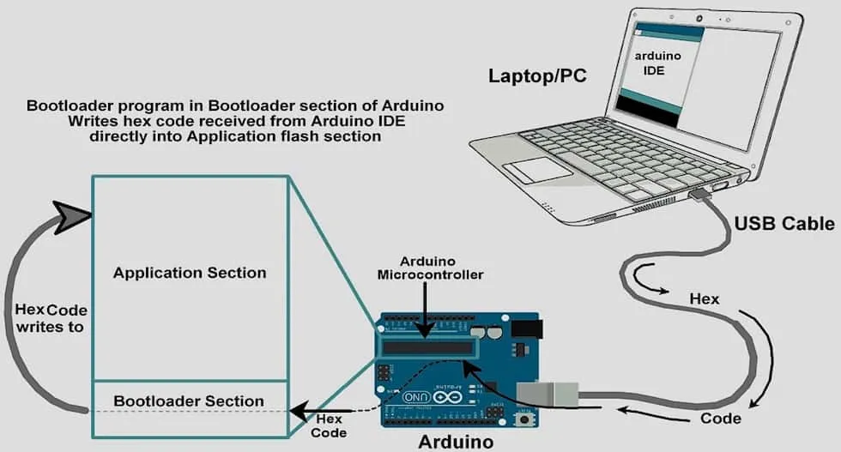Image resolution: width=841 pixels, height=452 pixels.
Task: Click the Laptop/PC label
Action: coord(537,75)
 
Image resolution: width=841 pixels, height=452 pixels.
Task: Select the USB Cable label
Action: coord(784,224)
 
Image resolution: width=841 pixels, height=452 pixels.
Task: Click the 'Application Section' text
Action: coord(190,273)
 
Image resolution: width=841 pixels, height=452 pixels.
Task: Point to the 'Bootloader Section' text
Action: coord(189,401)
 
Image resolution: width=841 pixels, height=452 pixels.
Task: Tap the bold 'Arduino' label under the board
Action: coord(456,442)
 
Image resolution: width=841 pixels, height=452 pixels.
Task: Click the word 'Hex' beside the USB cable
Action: coord(705,299)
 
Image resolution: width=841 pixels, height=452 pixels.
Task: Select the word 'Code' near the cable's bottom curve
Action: coord(721,419)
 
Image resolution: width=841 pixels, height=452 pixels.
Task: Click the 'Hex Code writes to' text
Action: coord(51,318)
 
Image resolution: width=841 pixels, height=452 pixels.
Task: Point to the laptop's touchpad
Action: coord(542,169)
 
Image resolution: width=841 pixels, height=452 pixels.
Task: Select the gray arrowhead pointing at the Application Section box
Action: coord(74,214)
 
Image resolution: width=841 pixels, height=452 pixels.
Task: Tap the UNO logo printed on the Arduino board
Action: coord(414,397)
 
